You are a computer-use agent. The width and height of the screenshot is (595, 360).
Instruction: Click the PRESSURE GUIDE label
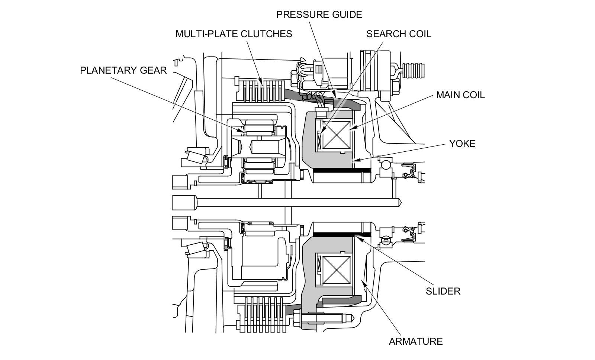click(319, 15)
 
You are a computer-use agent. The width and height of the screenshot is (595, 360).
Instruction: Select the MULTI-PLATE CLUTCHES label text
click(234, 34)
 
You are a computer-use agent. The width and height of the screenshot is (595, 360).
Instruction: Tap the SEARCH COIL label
click(399, 34)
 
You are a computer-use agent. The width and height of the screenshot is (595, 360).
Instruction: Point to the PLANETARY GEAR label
click(123, 70)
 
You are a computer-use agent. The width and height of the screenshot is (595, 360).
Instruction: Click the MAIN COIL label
click(460, 95)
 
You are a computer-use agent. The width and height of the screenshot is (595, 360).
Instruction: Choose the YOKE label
click(462, 144)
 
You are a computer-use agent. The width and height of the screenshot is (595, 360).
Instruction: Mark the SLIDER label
click(443, 292)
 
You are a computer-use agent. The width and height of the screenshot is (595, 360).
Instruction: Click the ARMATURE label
click(416, 342)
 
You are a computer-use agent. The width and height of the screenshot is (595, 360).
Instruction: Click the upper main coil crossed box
click(336, 135)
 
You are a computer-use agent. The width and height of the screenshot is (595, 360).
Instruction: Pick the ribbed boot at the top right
click(414, 71)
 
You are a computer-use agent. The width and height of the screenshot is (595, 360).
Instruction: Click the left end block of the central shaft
click(184, 203)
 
